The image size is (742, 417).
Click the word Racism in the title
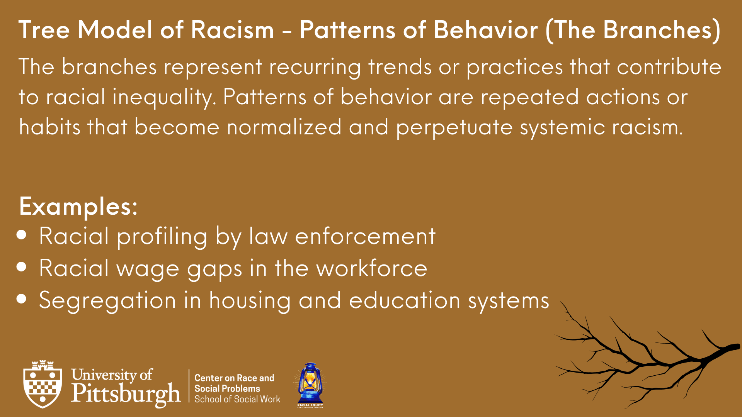click(232, 30)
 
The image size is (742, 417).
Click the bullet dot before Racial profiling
click(22, 235)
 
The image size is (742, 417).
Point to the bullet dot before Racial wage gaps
click(22, 267)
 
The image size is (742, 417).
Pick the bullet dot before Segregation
click(22, 298)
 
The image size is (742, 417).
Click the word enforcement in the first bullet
click(365, 236)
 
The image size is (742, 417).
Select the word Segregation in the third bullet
click(107, 301)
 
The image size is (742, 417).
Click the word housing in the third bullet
click(250, 301)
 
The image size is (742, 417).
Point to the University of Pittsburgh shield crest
click(43, 384)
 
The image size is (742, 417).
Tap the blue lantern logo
click(310, 385)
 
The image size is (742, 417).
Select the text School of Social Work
click(237, 399)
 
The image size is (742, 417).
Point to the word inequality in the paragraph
click(162, 98)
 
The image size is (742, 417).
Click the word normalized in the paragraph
click(284, 127)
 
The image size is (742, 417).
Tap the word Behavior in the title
click(485, 30)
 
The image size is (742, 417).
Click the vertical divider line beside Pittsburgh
click(189, 386)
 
